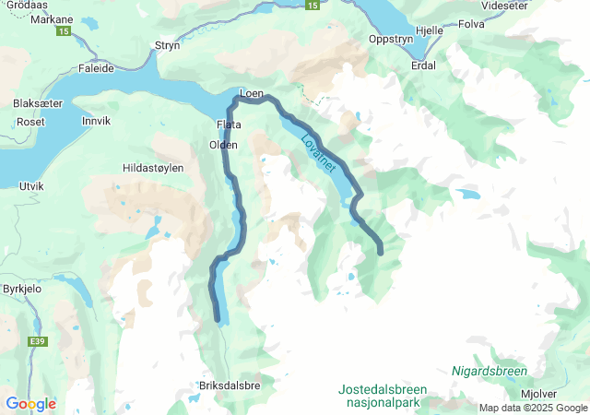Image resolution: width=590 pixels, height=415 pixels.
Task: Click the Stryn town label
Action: [x=167, y=44]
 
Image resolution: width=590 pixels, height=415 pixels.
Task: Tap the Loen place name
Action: [x=252, y=93]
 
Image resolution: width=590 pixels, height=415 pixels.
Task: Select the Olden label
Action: [x=224, y=145]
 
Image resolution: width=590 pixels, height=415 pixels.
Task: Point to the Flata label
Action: [x=228, y=125]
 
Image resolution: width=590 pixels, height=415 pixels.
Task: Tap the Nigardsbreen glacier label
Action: [x=490, y=371]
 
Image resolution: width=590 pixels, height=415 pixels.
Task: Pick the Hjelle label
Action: [x=430, y=30]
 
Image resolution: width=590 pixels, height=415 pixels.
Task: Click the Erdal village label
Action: [x=424, y=65]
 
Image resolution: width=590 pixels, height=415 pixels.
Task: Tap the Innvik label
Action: [x=96, y=121]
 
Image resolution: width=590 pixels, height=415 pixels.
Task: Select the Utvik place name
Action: [x=31, y=185]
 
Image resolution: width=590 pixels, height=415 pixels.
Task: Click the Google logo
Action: [x=30, y=404]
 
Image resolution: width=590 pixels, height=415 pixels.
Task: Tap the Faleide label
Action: [x=96, y=68]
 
